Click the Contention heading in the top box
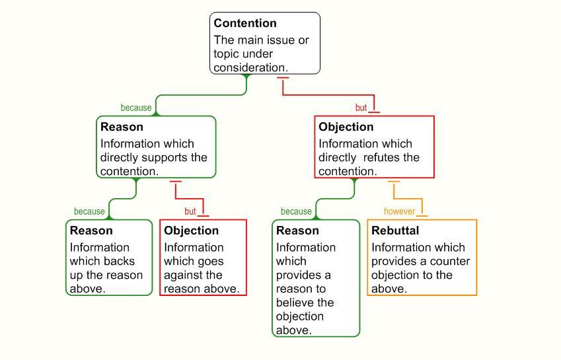click(245, 23)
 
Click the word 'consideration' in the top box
click(249, 67)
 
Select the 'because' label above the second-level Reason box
click(136, 108)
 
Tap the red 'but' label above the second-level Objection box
click(361, 108)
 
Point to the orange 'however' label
click(399, 211)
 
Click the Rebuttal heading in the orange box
click(395, 231)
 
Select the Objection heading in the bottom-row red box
click(191, 231)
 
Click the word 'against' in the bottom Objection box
click(183, 275)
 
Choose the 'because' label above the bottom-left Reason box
click(89, 211)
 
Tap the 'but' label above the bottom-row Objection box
click(190, 211)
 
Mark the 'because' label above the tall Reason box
click(296, 211)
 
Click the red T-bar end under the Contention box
click(283, 77)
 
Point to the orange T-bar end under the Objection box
click(394, 182)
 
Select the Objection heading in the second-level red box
click(346, 127)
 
